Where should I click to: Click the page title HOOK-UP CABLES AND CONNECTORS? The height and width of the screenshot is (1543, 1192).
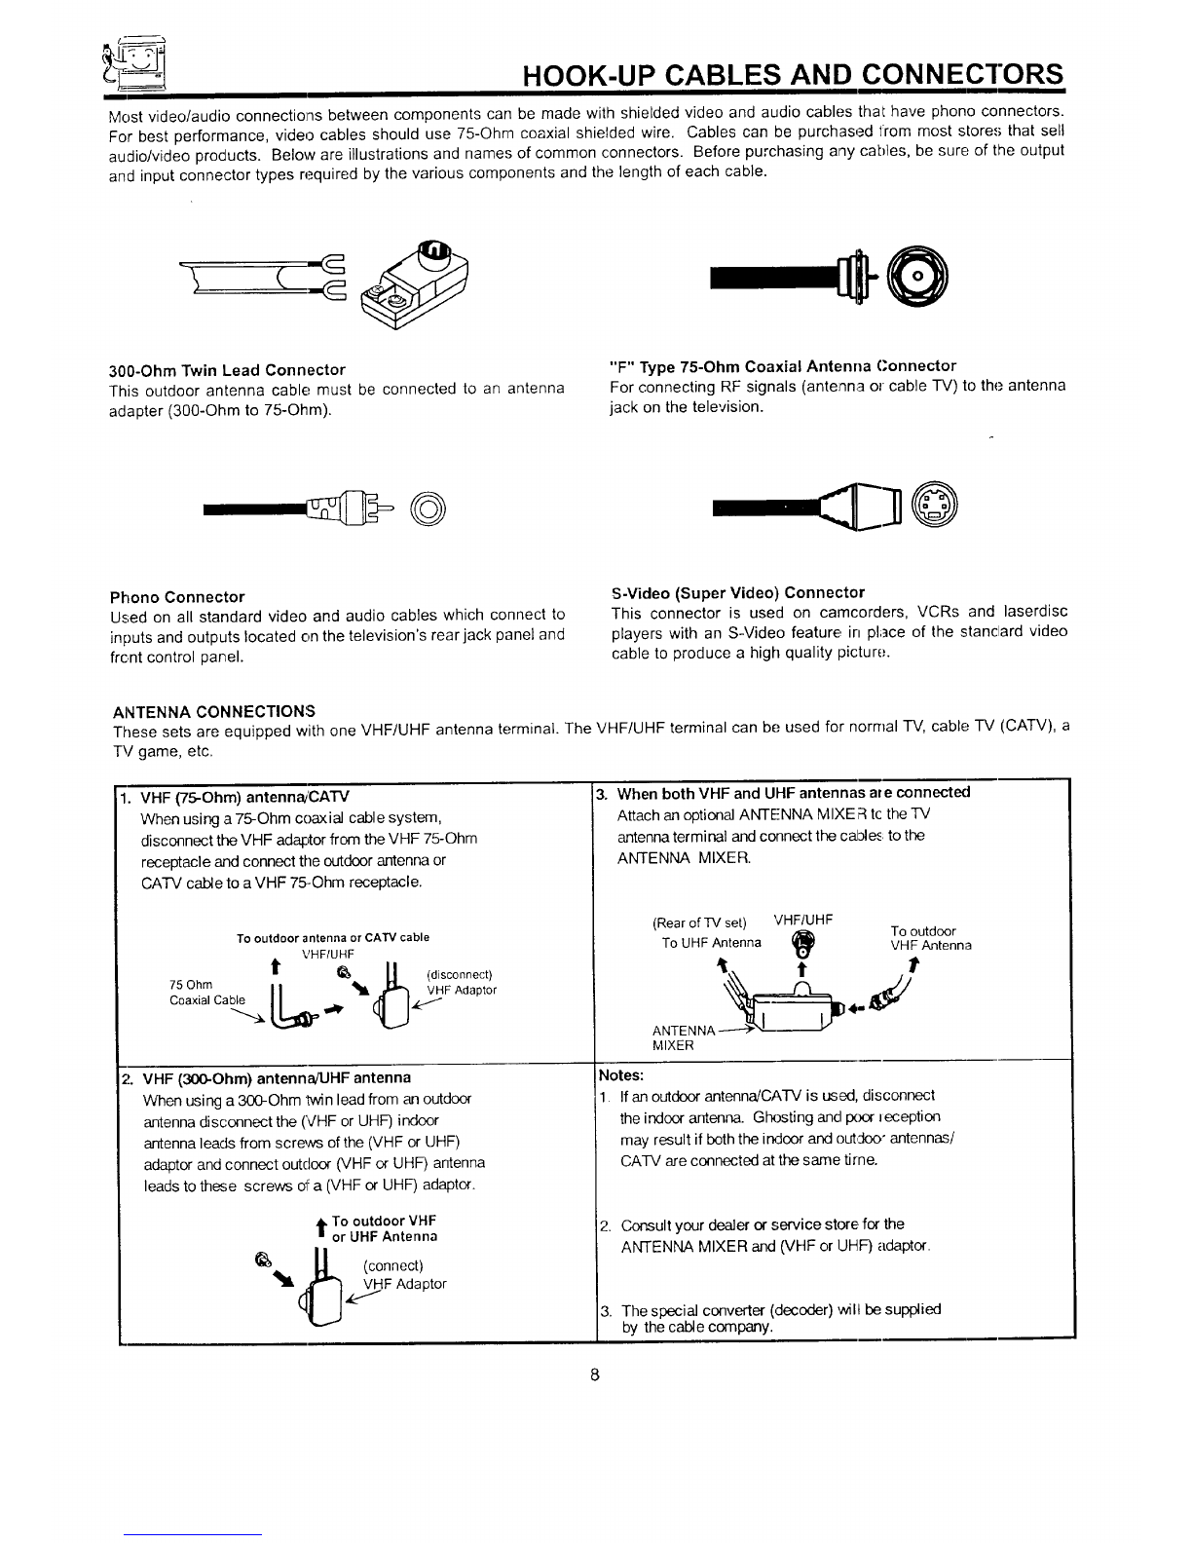coord(792,75)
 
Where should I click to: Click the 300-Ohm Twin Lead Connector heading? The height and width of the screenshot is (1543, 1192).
coord(226,370)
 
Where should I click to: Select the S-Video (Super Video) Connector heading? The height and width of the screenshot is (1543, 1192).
coord(737,592)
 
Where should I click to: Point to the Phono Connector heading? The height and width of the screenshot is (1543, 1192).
coord(176,597)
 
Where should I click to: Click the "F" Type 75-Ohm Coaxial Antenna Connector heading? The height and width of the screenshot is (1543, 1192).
coord(782,366)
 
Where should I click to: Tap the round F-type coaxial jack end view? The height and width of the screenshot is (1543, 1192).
coord(920,282)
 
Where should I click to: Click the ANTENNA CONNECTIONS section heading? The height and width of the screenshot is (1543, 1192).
coord(214,710)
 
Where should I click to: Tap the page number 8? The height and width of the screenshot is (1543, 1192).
coord(593,1375)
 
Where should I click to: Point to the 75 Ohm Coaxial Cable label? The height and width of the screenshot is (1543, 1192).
coord(206,992)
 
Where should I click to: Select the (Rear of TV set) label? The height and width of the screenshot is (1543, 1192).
coord(698,922)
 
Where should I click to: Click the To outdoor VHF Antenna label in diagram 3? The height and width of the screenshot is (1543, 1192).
coord(930,938)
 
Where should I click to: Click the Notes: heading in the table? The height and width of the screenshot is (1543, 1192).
coord(621,1075)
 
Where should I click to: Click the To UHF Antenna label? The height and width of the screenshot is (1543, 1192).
coord(711,943)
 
